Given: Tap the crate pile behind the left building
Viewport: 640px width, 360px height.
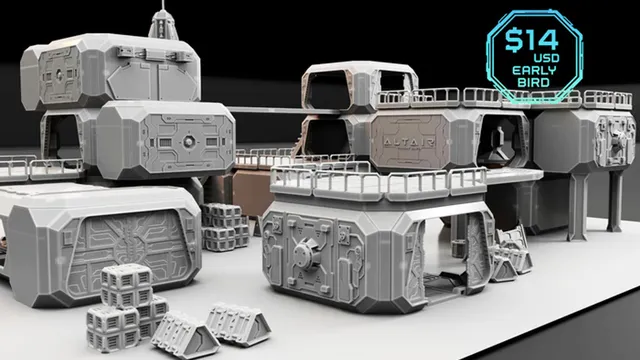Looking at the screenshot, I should pyautogui.click(x=226, y=228).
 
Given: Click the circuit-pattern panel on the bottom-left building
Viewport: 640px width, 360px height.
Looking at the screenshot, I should pyautogui.click(x=130, y=247).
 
